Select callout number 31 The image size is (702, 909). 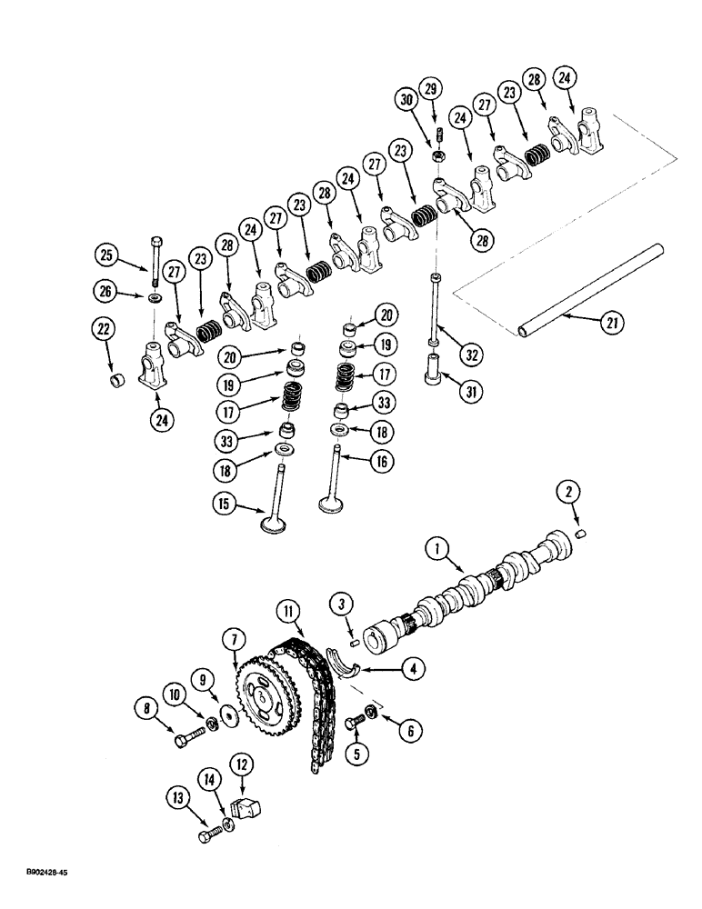[x=469, y=393]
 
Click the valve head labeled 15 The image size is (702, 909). [x=274, y=523]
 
